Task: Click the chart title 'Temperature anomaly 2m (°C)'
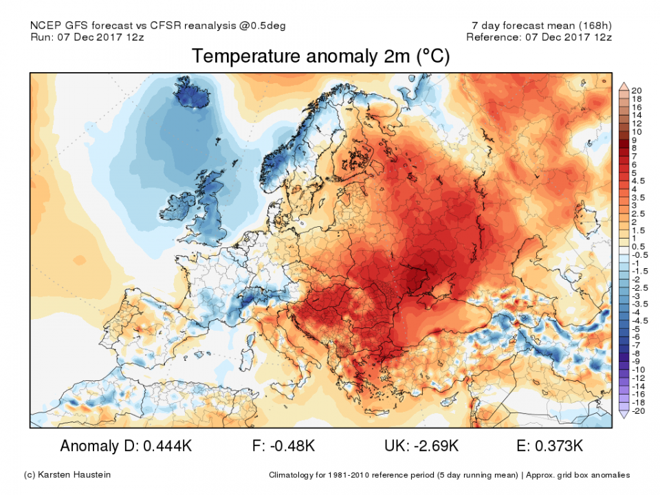click(x=320, y=57)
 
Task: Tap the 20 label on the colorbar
click(x=637, y=90)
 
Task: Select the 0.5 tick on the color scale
click(x=637, y=246)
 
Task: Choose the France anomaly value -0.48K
click(x=289, y=446)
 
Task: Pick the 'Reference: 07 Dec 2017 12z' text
click(x=538, y=37)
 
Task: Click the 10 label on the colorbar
click(x=637, y=131)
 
